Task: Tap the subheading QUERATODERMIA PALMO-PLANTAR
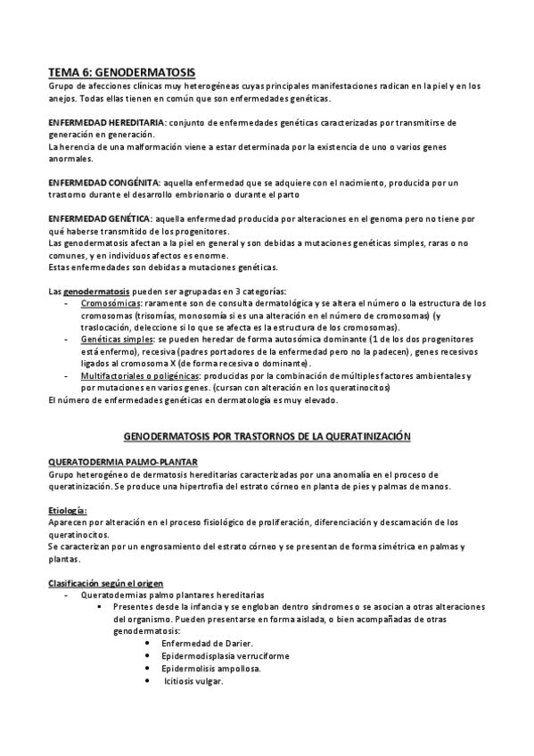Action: (x=111, y=462)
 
